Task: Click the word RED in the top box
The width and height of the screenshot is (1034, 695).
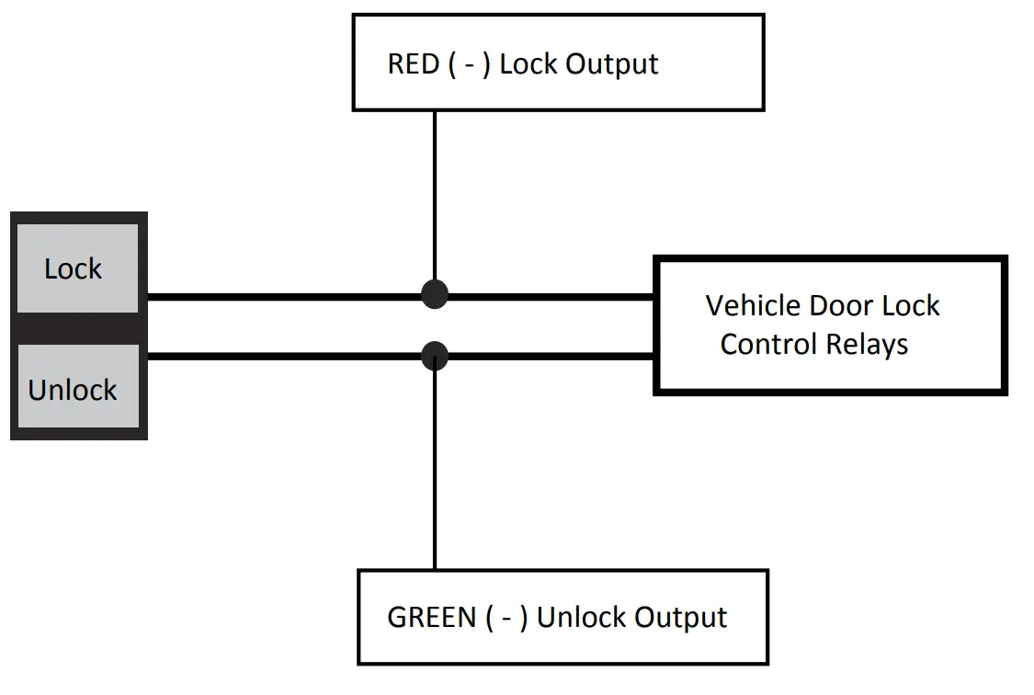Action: [414, 64]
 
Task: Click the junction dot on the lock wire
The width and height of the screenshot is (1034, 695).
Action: [434, 295]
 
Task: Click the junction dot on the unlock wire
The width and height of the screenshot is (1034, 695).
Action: [434, 355]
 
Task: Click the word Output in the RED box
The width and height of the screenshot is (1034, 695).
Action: [612, 64]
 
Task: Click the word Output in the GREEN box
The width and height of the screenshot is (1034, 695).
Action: [681, 617]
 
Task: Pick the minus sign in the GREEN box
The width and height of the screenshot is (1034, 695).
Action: [506, 618]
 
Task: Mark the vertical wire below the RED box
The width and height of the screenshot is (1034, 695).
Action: [434, 193]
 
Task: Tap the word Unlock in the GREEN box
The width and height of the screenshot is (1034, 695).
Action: [579, 617]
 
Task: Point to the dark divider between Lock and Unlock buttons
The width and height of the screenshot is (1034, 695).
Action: [77, 328]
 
